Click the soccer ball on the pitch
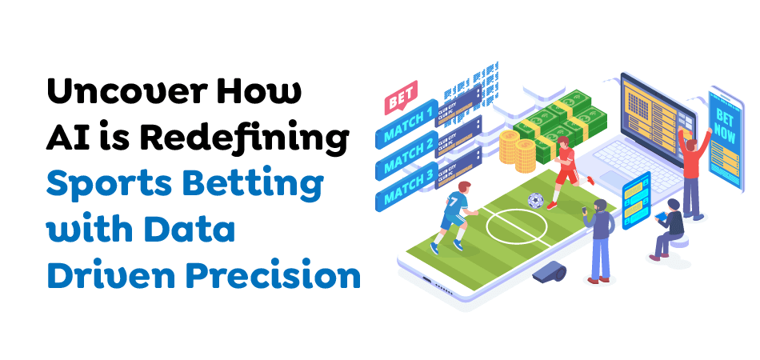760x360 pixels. point(534,200)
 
